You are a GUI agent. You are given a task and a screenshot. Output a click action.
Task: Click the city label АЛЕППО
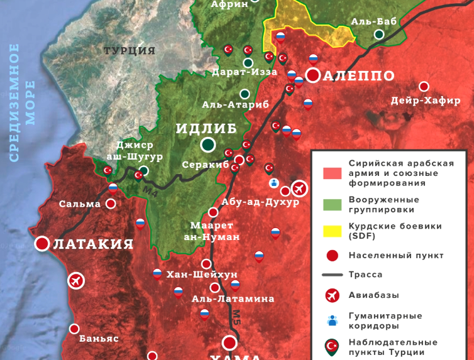(x=360, y=76)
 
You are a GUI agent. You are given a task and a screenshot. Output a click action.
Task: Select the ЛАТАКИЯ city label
(x=93, y=244)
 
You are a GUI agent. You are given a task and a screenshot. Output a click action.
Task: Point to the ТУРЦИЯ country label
(x=130, y=51)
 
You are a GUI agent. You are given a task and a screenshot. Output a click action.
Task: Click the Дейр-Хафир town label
(x=426, y=101)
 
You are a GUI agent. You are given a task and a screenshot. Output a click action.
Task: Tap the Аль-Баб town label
(x=374, y=22)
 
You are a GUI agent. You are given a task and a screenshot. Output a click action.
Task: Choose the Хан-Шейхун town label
(x=193, y=275)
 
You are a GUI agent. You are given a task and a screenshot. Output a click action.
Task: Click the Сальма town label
(x=80, y=204)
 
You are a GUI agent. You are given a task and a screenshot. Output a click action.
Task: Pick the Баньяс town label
(x=99, y=338)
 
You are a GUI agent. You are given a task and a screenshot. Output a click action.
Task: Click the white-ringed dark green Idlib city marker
(x=208, y=146)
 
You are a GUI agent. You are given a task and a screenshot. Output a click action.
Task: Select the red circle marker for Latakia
(x=42, y=244)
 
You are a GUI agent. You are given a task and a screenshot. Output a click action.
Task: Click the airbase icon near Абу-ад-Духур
(x=300, y=187)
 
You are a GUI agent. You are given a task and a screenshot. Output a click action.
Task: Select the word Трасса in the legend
(x=366, y=275)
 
